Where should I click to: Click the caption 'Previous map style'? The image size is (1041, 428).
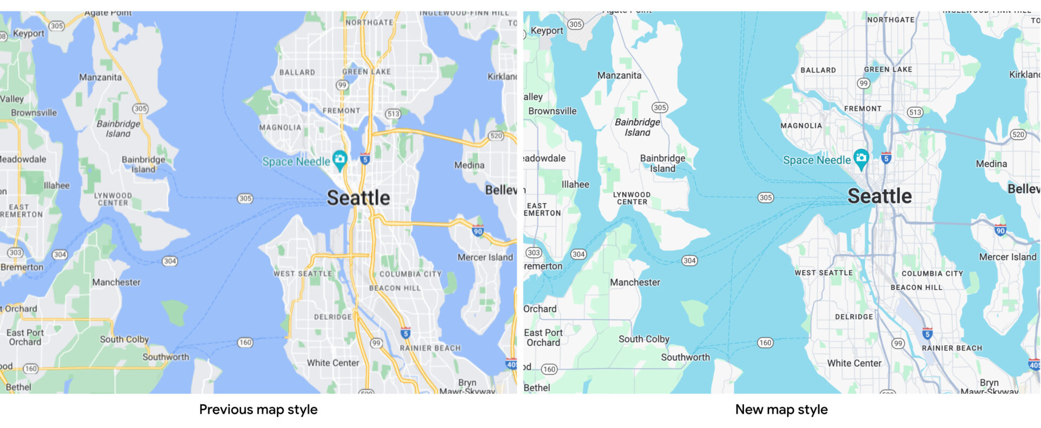click(258, 410)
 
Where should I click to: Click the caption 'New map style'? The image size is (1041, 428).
click(781, 410)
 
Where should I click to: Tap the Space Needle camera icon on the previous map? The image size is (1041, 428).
click(340, 159)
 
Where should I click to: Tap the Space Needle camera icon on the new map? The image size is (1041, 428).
click(860, 158)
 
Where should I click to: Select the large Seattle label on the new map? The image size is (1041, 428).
click(879, 196)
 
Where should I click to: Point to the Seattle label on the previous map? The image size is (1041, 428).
click(358, 198)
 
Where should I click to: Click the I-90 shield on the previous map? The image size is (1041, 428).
click(478, 231)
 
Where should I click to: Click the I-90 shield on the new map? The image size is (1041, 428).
click(1000, 230)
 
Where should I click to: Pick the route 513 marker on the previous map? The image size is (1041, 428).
click(393, 114)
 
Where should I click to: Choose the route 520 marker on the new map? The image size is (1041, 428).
click(1018, 135)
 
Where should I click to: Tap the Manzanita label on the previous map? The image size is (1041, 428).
click(100, 77)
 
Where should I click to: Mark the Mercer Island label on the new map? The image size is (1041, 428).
click(1007, 257)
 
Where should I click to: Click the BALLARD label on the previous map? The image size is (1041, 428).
click(297, 72)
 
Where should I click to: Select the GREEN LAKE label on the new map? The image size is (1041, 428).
click(888, 69)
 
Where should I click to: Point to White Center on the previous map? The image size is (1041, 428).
click(333, 363)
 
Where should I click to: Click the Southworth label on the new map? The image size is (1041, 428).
click(685, 357)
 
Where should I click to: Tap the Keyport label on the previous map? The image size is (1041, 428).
click(28, 33)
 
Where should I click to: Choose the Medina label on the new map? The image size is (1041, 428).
click(991, 164)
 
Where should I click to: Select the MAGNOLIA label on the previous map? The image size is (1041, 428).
click(280, 127)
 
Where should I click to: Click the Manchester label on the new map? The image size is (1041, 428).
click(635, 283)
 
